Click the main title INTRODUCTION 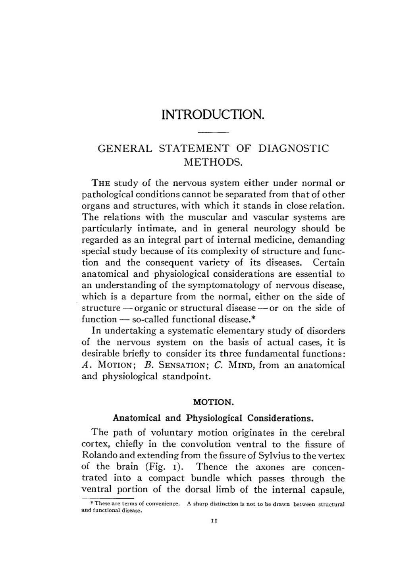click(213, 115)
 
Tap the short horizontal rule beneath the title click(213, 132)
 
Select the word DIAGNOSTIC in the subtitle click(293, 148)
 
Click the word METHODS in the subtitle click(213, 162)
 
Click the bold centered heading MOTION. click(213, 402)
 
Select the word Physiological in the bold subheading click(214, 418)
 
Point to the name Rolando click(98, 455)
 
